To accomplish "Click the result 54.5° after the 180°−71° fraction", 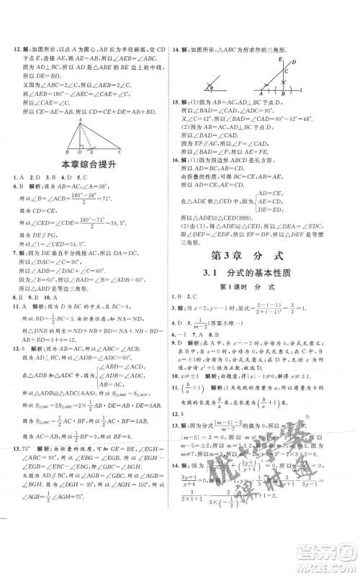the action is point(130,228).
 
